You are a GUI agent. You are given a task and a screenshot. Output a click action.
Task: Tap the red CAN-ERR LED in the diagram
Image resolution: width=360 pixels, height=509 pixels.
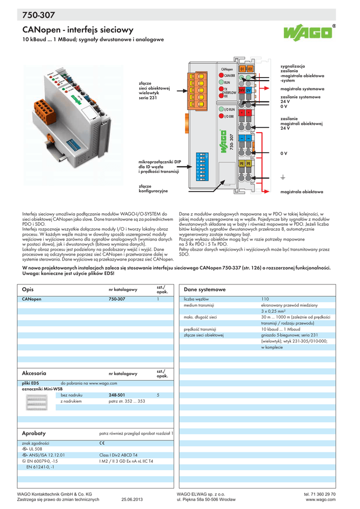pos(221,75)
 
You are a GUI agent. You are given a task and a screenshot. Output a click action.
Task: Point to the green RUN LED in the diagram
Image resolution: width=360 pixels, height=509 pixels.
pos(221,83)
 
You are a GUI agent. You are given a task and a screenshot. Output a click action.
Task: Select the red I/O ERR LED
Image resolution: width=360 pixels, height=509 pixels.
pos(220,116)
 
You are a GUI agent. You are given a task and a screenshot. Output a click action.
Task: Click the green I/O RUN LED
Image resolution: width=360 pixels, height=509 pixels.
pos(220,109)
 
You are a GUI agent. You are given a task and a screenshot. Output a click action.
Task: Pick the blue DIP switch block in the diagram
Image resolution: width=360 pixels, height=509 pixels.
pos(202,166)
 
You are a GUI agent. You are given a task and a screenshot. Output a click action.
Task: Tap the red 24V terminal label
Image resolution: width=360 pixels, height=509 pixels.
pos(242,90)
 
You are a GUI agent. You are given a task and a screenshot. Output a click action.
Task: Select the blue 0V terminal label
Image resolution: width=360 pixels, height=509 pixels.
pos(249,90)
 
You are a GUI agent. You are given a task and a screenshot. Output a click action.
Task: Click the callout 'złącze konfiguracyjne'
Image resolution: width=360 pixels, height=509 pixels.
pos(153,188)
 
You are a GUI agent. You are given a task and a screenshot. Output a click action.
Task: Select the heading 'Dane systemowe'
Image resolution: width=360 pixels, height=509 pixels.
pos(205,289)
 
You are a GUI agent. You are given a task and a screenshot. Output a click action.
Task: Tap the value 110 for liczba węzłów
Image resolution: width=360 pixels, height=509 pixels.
pos(265,299)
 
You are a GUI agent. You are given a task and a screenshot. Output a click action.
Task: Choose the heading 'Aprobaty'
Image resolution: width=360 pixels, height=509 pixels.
pos(34,433)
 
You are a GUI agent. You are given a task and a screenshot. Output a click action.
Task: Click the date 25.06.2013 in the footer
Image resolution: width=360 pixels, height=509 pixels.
pos(132,500)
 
